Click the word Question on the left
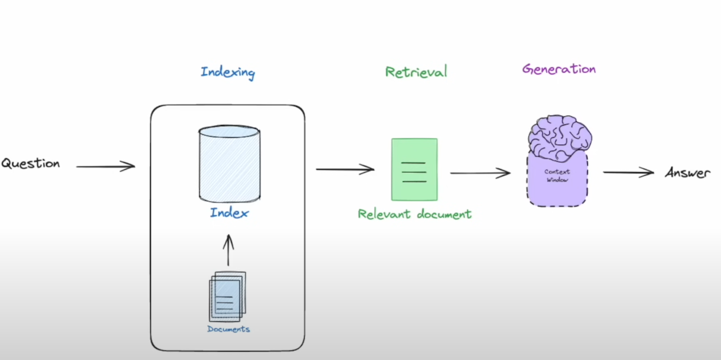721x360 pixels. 31,163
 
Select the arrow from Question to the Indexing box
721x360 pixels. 105,167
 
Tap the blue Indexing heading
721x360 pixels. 227,72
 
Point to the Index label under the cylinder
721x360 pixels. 228,213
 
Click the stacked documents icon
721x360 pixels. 227,296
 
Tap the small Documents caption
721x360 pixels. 228,329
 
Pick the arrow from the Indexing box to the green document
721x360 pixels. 344,169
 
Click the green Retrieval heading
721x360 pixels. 415,72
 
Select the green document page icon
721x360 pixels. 414,169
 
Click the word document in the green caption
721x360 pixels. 444,214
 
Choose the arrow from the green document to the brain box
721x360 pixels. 479,173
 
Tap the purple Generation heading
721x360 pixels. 559,69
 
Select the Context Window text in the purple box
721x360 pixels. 557,175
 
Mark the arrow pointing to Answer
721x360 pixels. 628,173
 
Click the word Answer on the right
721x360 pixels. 688,173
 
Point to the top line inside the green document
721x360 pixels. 414,163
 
